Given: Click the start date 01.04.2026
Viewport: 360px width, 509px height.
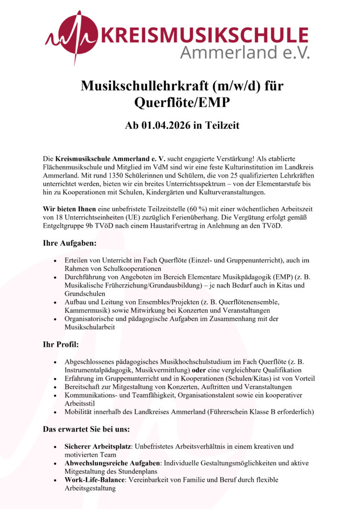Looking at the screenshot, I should [x=169, y=125].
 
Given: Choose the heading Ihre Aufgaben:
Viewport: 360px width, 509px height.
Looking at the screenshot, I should [x=70, y=244].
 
